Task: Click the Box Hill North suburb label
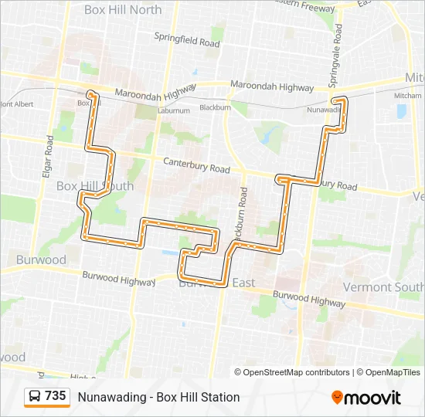(123, 10)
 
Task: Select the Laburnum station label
(174, 110)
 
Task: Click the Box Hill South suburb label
(95, 186)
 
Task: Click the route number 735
(56, 395)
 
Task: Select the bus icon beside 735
(35, 396)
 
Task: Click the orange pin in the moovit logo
(337, 398)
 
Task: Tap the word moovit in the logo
(372, 398)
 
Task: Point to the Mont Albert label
(17, 103)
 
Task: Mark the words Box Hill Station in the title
(198, 397)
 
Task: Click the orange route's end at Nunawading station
(335, 100)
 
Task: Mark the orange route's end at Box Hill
(91, 93)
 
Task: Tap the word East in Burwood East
(243, 283)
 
